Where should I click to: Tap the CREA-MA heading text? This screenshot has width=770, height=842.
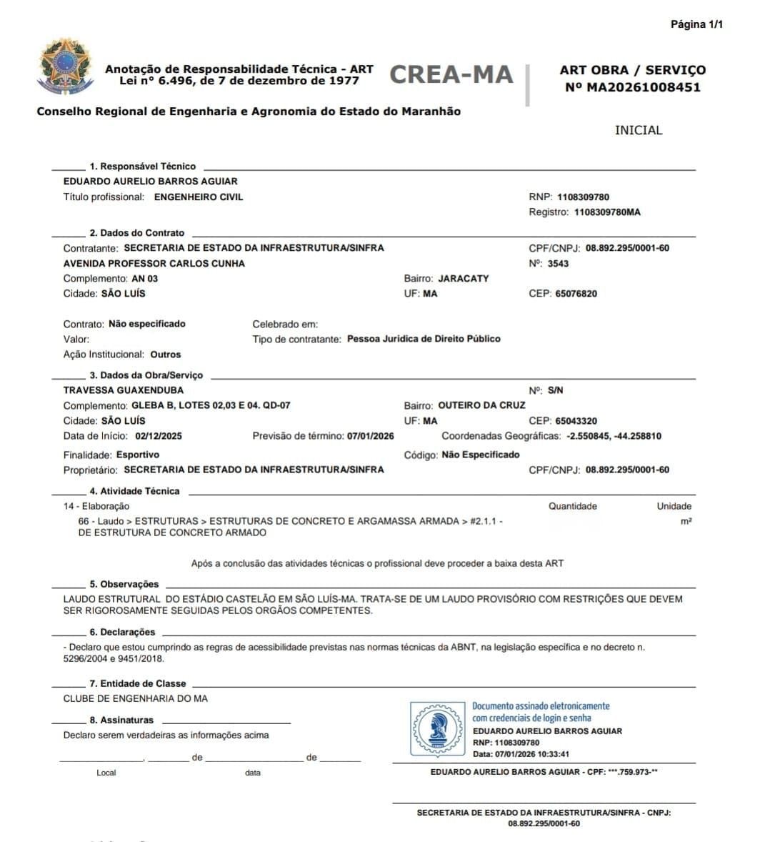(451, 74)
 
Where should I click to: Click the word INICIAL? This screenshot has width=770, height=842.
(639, 130)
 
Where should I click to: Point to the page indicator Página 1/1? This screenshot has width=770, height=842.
(696, 24)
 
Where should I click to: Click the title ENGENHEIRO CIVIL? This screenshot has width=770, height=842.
(199, 197)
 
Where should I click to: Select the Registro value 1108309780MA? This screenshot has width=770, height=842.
(607, 212)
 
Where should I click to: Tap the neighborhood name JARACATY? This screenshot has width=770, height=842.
(463, 279)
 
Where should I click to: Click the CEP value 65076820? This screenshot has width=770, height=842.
(576, 294)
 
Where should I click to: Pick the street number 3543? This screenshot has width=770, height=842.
(558, 264)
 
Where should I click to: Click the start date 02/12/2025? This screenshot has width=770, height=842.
(158, 436)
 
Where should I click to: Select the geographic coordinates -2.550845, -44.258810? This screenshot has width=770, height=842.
(614, 436)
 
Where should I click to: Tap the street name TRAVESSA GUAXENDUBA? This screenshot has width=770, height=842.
(124, 390)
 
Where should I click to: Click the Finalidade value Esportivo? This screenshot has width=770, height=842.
(138, 455)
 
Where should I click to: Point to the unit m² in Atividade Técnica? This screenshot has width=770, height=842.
(686, 521)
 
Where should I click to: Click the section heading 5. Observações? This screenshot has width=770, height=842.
(124, 584)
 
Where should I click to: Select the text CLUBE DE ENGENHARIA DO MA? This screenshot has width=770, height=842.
(136, 698)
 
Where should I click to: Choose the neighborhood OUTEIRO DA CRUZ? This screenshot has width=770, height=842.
(481, 405)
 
